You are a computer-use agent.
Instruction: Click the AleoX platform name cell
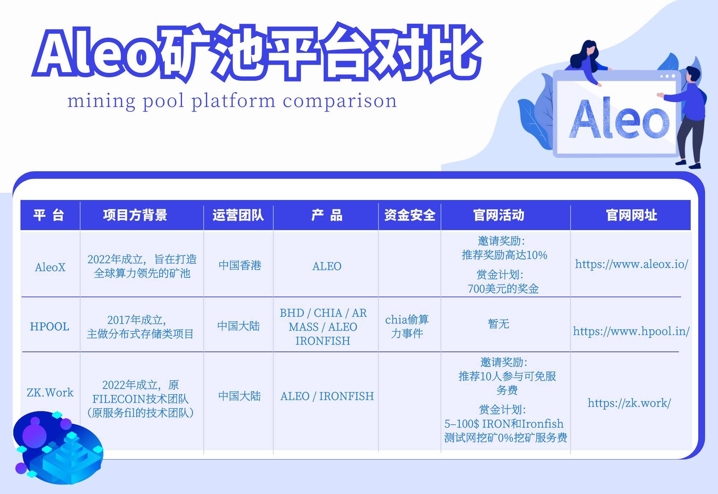(x=50, y=267)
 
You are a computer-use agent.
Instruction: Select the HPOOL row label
(x=50, y=326)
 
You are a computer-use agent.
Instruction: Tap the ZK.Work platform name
(x=50, y=392)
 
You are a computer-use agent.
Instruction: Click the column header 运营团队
(x=238, y=215)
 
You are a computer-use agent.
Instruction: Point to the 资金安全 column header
(x=410, y=215)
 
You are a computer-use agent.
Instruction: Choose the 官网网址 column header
(x=631, y=215)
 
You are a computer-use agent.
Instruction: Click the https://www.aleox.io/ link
(x=631, y=264)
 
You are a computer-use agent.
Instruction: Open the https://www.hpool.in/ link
(x=631, y=331)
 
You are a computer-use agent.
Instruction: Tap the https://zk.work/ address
(x=629, y=403)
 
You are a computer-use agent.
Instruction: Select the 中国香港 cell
(x=240, y=265)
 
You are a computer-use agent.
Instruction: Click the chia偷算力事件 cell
(x=407, y=326)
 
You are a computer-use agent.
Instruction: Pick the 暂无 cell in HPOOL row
(x=499, y=324)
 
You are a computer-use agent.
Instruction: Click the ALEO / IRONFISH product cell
(x=327, y=396)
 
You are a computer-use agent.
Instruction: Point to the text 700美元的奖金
(x=503, y=289)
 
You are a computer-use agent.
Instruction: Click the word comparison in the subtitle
(x=340, y=101)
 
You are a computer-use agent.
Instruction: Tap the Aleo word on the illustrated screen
(x=619, y=118)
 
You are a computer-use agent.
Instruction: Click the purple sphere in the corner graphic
(x=34, y=434)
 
